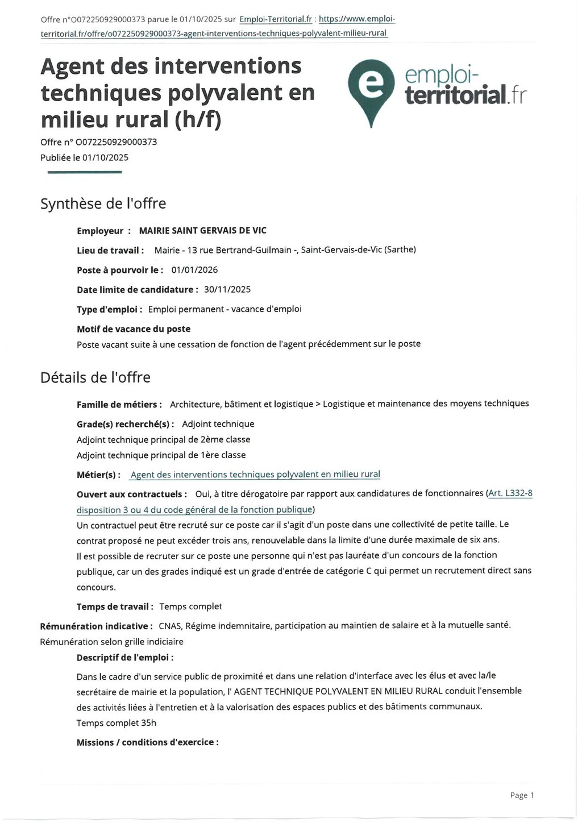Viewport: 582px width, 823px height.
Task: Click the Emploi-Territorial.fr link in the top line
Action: click(x=276, y=19)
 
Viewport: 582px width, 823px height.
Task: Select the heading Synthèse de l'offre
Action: click(x=103, y=203)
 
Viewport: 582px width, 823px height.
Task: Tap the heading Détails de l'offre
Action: click(x=95, y=377)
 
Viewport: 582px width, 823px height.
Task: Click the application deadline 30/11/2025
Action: click(x=227, y=289)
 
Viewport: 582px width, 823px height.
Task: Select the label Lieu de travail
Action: click(x=110, y=250)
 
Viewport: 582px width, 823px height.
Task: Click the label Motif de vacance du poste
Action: click(x=134, y=329)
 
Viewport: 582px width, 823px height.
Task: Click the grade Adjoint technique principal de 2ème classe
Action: click(x=163, y=439)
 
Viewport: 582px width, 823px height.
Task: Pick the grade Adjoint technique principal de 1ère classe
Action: click(x=161, y=455)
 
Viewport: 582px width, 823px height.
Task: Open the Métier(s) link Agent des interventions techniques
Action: click(x=255, y=475)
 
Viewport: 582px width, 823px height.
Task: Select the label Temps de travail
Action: click(x=115, y=606)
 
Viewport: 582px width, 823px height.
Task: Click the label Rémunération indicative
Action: click(x=95, y=626)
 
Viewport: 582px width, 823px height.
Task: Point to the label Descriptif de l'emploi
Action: click(x=124, y=658)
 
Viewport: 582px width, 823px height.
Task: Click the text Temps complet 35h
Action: click(x=116, y=723)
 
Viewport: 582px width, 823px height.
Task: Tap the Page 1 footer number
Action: click(x=522, y=795)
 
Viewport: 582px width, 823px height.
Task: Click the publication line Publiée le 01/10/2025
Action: click(x=84, y=157)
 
